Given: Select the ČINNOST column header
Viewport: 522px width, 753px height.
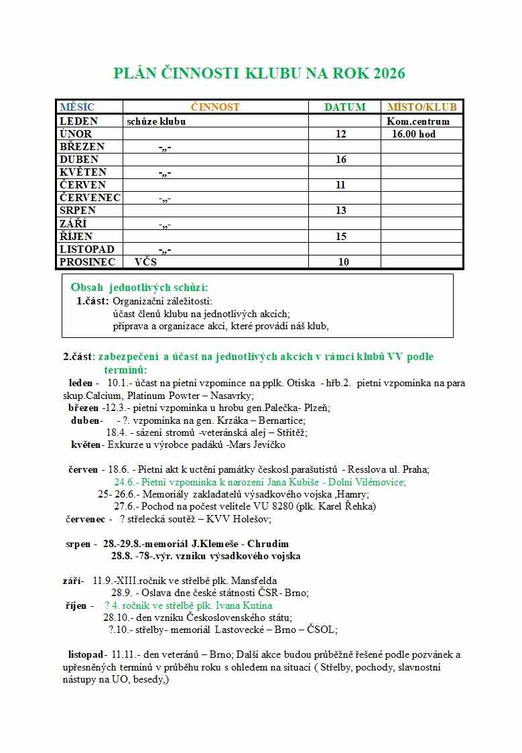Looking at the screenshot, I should (x=215, y=107).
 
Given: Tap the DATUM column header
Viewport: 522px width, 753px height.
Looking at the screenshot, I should (x=345, y=107).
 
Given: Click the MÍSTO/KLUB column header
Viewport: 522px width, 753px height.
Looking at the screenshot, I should (x=422, y=107).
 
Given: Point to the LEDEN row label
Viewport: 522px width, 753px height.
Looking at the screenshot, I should (x=78, y=121).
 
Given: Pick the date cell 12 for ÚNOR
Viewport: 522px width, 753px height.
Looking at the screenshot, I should (x=341, y=134).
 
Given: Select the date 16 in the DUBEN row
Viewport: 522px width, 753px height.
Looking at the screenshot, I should (x=341, y=160).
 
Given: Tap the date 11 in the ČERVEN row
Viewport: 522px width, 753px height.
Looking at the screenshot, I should (x=341, y=185).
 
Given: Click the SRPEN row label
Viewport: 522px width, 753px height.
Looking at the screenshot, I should (x=78, y=211).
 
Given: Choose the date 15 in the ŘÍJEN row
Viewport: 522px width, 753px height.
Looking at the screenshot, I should (x=341, y=236).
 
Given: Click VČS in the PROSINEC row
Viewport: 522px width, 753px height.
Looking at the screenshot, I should (x=145, y=262).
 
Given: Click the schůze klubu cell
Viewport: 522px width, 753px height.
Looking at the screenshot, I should (x=156, y=121).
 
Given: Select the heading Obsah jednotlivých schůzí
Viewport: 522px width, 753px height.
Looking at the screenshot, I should (x=139, y=287).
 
